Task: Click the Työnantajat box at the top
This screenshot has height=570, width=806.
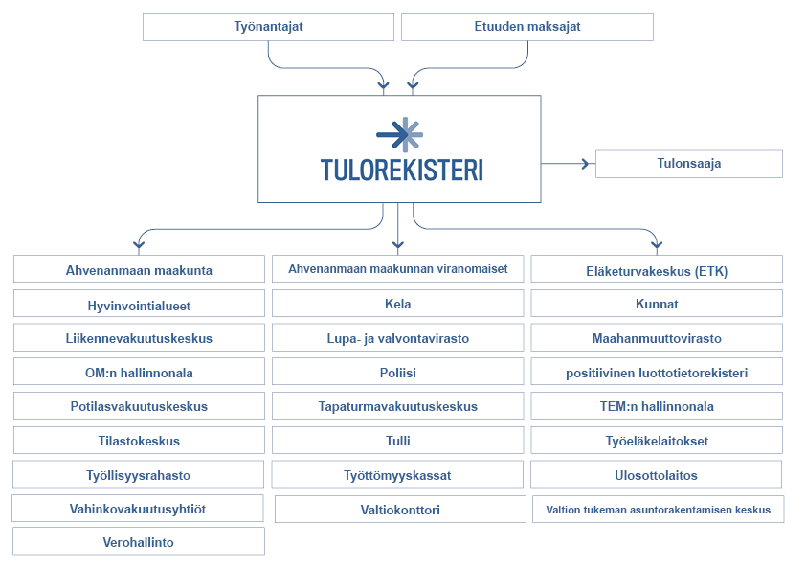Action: click(268, 27)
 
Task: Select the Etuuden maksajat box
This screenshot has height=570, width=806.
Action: click(526, 27)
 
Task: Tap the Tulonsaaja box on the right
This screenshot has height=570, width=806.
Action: click(688, 164)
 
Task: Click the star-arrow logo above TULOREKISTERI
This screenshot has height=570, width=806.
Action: click(399, 134)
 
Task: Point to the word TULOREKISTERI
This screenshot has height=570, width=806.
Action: click(401, 171)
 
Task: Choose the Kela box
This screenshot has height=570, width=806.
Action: click(397, 304)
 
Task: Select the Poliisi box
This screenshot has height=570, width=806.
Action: click(397, 372)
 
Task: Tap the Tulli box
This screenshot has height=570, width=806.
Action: click(397, 441)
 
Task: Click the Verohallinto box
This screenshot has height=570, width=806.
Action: click(139, 542)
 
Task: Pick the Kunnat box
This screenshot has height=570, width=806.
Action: click(657, 304)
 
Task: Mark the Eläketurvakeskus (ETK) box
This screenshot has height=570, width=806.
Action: click(657, 270)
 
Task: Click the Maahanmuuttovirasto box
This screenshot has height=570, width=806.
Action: click(657, 338)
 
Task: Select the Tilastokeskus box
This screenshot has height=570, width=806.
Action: click(139, 441)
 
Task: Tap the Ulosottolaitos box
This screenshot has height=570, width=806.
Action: click(656, 474)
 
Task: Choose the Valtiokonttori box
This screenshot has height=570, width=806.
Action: click(400, 510)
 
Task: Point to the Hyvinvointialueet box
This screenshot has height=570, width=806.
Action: click(139, 305)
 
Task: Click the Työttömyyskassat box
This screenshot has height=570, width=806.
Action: click(397, 474)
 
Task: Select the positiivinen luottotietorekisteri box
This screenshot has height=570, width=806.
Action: click(657, 372)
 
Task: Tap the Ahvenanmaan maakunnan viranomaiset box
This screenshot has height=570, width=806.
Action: click(397, 269)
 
